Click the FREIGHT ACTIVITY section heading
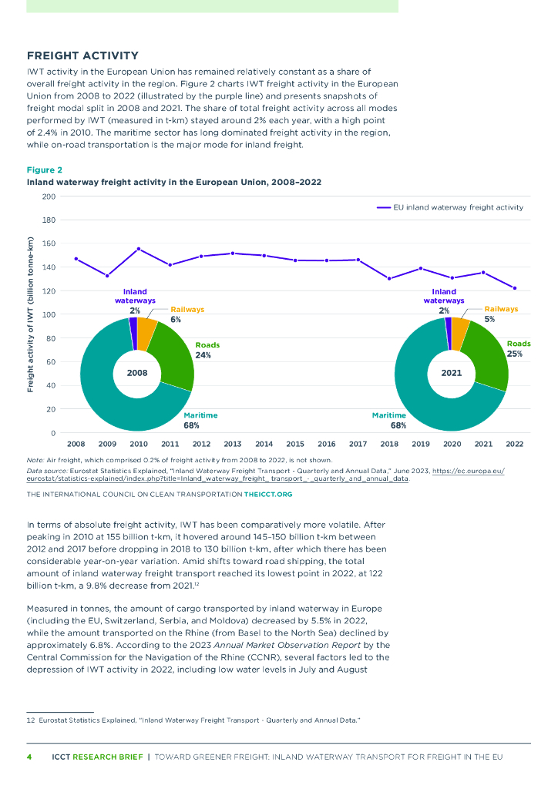pyautogui.click(x=82, y=55)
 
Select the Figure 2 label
pyautogui.click(x=45, y=170)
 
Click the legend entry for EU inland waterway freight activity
pyautogui.click(x=450, y=207)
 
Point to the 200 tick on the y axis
pyautogui.click(x=49, y=196)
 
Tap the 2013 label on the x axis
pyautogui.click(x=233, y=445)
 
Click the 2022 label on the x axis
pyautogui.click(x=514, y=445)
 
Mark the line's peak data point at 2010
pyautogui.click(x=139, y=249)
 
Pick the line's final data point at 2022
pyautogui.click(x=514, y=288)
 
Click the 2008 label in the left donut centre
pyautogui.click(x=136, y=373)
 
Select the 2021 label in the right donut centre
pyautogui.click(x=451, y=373)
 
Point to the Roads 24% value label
pyautogui.click(x=203, y=355)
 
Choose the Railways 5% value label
pyautogui.click(x=490, y=319)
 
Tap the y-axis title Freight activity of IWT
pyautogui.click(x=31, y=315)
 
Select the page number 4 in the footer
pyautogui.click(x=29, y=757)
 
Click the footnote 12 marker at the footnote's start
pyautogui.click(x=31, y=720)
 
